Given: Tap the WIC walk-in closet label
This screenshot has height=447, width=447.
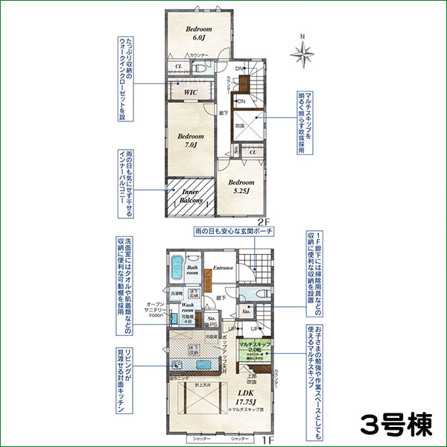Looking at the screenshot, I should point(190,92).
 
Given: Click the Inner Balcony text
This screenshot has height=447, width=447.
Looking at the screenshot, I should point(190,197).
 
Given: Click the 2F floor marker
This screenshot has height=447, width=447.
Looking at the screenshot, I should point(261,222).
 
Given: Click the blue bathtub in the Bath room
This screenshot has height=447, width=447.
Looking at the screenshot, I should point(177,264).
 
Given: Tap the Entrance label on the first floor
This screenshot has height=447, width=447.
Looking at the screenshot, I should point(223,268).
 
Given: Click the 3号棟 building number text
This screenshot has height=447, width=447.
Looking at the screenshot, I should point(395,425).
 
